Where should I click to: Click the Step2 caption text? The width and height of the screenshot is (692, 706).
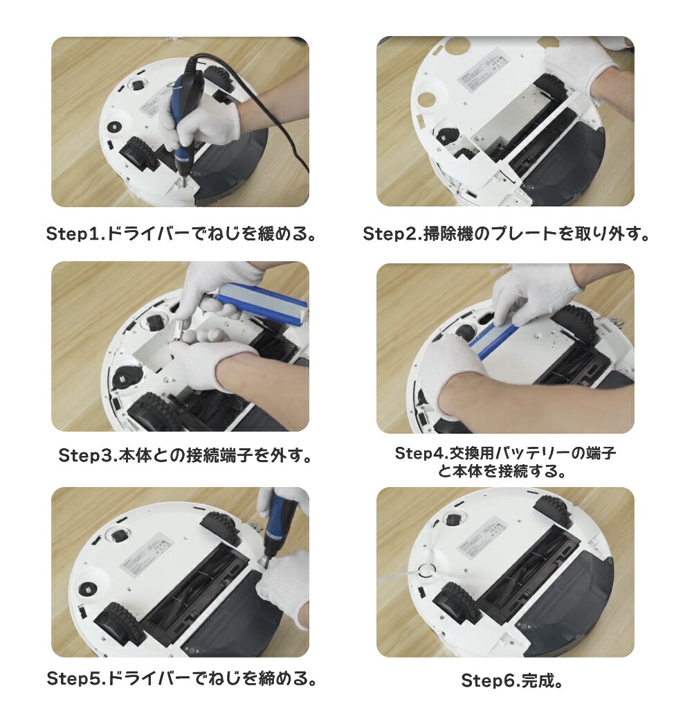[x=507, y=233]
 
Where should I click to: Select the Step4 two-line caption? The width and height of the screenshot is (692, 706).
[x=505, y=462]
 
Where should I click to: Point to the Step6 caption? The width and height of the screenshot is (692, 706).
[x=512, y=680]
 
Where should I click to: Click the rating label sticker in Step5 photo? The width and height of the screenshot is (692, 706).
[x=143, y=554]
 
